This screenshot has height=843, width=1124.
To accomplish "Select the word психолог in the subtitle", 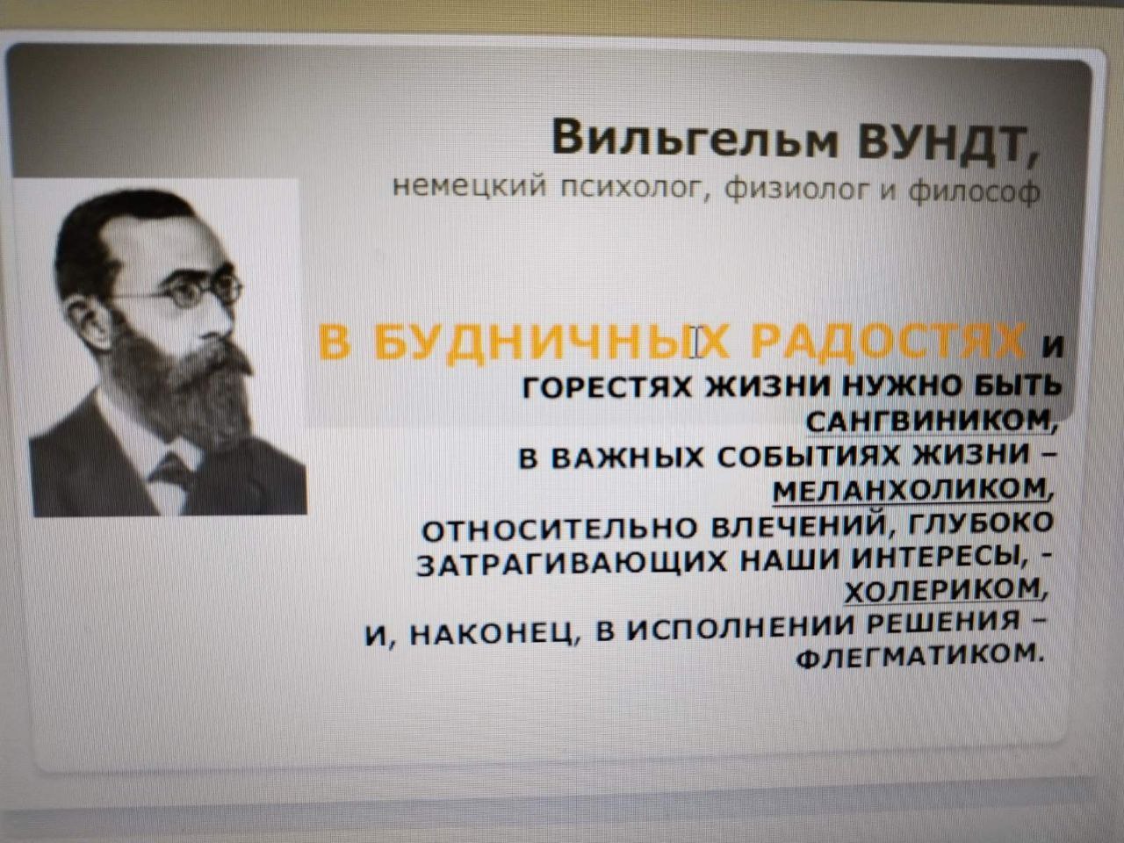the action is click(633, 187).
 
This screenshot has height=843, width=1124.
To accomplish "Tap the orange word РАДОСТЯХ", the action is click(888, 340).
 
